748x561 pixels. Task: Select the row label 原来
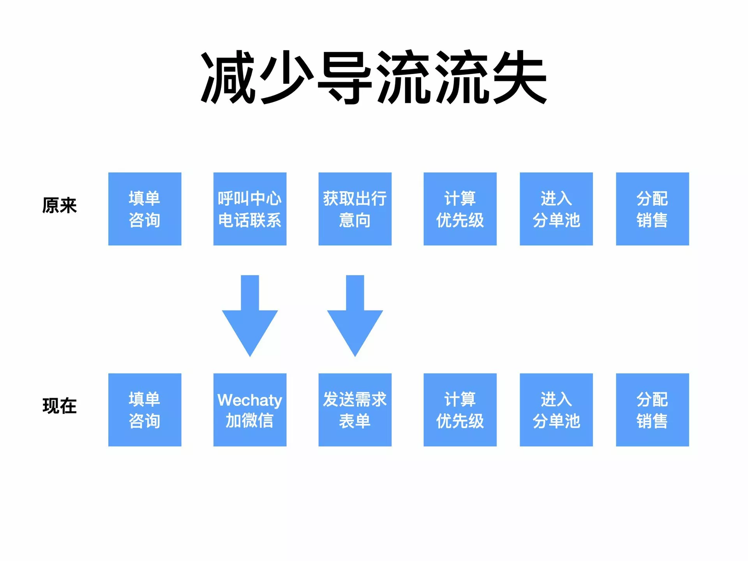(x=60, y=205)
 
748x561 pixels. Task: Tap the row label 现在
(x=60, y=406)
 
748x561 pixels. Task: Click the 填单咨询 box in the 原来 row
(x=145, y=209)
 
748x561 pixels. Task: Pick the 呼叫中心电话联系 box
(x=250, y=209)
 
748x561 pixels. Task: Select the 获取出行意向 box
(x=355, y=209)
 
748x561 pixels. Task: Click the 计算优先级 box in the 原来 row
(x=460, y=209)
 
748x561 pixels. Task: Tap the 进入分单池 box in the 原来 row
(x=556, y=209)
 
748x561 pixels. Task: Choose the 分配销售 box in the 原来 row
(x=653, y=209)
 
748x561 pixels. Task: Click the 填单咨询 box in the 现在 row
(x=145, y=410)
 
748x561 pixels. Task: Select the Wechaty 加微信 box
(x=250, y=410)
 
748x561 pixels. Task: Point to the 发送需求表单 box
(x=355, y=410)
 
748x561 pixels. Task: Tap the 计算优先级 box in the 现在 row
(x=460, y=410)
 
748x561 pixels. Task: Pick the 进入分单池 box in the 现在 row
(x=556, y=410)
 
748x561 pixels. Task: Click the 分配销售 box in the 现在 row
(x=653, y=410)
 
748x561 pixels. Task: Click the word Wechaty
(x=250, y=400)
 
